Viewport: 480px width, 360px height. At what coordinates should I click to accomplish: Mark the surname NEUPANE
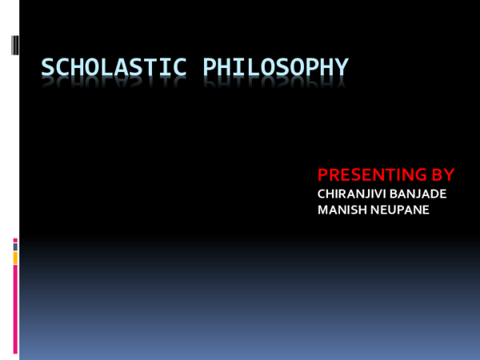(401, 210)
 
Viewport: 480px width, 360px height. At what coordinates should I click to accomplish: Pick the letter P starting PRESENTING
(323, 174)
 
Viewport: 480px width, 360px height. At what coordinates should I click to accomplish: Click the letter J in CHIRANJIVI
(371, 193)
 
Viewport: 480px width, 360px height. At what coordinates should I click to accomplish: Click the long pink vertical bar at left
(15, 308)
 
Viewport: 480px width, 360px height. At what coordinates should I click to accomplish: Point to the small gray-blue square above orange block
(15, 247)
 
